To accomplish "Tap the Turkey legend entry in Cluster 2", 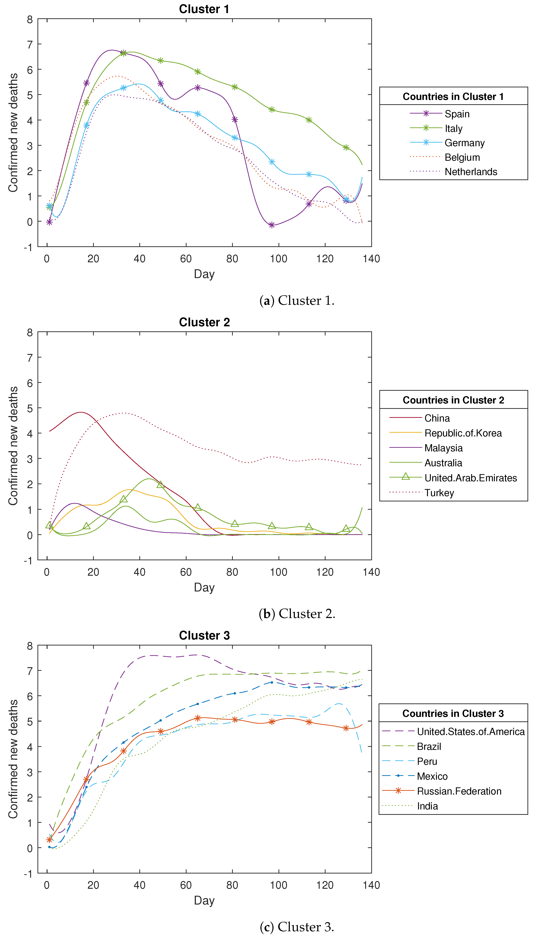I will [x=439, y=493].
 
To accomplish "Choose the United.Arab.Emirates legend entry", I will [x=470, y=478].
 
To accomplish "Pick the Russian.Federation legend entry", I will [x=459, y=791].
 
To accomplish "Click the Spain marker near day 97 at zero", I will [x=272, y=225].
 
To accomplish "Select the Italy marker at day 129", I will [x=346, y=147].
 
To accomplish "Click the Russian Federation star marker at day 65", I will [x=198, y=718].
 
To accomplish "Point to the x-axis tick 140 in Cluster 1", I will [x=371, y=259].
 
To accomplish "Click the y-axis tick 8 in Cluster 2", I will [x=30, y=333].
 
